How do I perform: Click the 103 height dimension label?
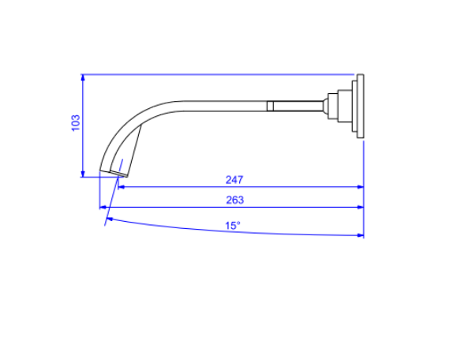click(x=76, y=122)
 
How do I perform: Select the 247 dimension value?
click(x=234, y=180)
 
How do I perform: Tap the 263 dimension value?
click(x=235, y=200)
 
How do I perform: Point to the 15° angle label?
click(x=233, y=226)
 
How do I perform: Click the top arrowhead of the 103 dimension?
click(x=83, y=77)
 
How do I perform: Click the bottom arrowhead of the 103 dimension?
click(x=83, y=174)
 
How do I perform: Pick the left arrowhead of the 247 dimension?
click(x=121, y=187)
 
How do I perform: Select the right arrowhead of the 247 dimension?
click(x=361, y=187)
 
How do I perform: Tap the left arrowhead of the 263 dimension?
click(x=103, y=208)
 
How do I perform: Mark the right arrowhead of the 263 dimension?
click(x=361, y=208)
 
